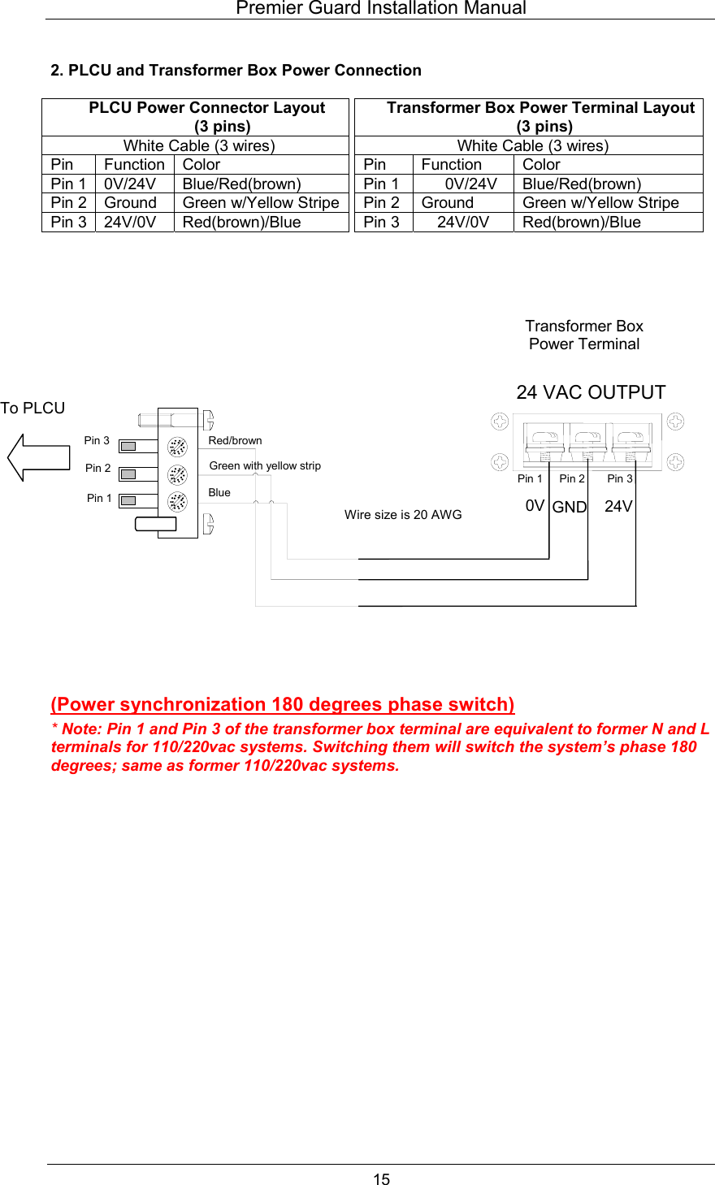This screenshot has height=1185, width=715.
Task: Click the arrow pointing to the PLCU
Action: point(38,457)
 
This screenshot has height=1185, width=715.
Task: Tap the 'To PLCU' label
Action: point(32,408)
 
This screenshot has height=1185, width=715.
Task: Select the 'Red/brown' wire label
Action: point(235,440)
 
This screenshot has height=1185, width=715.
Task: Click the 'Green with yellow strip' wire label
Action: point(265,465)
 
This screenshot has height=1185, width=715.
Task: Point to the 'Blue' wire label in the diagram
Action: point(219,492)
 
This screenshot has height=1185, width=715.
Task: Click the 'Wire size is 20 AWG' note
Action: point(403,514)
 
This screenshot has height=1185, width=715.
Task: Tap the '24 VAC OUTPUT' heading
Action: point(591,392)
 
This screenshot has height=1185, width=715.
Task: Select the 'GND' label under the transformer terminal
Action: point(570,507)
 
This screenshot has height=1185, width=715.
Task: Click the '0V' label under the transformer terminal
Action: point(535,505)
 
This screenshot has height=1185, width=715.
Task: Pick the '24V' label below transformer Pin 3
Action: point(618,506)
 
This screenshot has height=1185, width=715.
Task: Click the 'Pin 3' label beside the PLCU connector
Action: point(97,440)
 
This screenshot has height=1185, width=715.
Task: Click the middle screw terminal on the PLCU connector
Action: point(177,474)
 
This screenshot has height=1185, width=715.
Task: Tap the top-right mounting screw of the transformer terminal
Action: point(675,422)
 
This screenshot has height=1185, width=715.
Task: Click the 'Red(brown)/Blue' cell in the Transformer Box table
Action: point(582,223)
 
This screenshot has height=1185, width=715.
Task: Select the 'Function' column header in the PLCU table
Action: point(134,165)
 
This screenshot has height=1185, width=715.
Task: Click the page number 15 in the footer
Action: point(381,1179)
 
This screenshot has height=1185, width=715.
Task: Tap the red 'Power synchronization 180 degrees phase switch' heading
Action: point(283,704)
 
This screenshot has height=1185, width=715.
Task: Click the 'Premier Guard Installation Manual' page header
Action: point(380,9)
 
